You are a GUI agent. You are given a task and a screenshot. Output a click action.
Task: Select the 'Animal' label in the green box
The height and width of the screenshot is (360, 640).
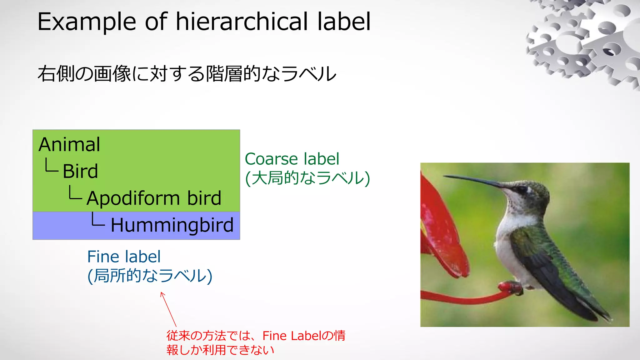[x=69, y=144]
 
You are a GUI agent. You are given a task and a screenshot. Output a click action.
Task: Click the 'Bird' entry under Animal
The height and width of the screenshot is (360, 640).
[x=80, y=171]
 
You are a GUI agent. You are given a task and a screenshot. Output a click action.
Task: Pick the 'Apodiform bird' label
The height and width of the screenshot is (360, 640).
[x=154, y=198]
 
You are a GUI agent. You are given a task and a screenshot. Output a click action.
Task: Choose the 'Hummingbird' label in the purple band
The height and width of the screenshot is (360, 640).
[x=172, y=225]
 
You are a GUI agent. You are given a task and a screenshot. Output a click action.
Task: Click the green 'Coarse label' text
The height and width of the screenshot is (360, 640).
[x=292, y=159]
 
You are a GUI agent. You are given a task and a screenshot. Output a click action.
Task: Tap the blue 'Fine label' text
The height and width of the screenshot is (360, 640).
[x=124, y=257]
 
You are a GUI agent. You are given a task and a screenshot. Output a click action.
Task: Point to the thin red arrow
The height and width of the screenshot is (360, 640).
[x=168, y=309]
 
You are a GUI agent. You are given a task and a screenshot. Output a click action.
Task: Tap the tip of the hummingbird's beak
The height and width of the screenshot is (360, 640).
[x=445, y=177]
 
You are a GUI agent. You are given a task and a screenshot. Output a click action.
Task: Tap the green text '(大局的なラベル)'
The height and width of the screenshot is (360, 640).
[x=307, y=178]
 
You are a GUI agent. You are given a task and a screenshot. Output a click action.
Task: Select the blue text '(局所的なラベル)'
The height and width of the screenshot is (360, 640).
[x=150, y=276]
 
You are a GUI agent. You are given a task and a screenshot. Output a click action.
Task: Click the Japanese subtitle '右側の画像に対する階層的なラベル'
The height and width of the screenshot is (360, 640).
[x=187, y=74]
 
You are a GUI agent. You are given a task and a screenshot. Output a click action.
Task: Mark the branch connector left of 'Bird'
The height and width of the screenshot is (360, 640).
[x=51, y=165]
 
